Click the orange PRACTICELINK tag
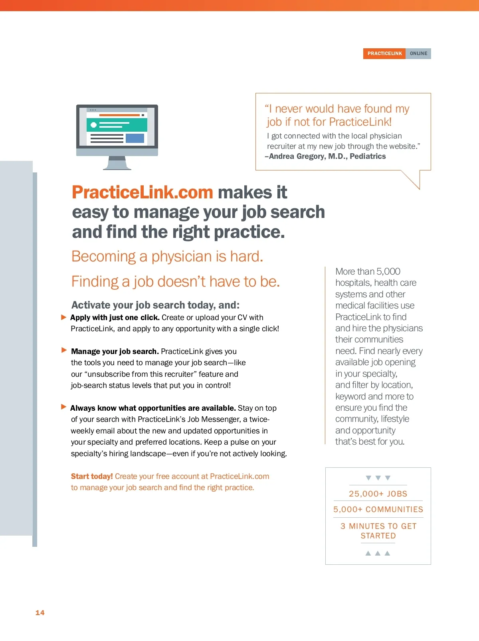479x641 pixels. [x=384, y=53]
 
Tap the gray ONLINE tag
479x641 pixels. [x=418, y=53]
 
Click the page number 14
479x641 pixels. [x=40, y=613]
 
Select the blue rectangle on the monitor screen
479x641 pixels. [x=135, y=138]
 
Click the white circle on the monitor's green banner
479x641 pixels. [x=93, y=125]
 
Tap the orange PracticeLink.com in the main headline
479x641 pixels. [x=143, y=192]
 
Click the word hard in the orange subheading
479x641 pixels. [x=247, y=256]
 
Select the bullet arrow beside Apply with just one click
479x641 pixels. [x=64, y=317]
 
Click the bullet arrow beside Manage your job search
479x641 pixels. [x=64, y=350]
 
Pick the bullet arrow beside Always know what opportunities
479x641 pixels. [x=64, y=407]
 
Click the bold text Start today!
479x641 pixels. [x=92, y=476]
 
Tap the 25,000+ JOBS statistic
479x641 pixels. [x=378, y=494]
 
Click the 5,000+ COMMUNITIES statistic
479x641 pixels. [x=378, y=510]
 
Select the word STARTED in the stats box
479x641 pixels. [x=378, y=536]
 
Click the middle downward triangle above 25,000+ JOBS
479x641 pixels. [x=378, y=478]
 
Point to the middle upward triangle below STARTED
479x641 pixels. [x=378, y=553]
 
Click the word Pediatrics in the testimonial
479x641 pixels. [x=368, y=156]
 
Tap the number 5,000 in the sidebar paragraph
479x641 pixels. [x=388, y=271]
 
